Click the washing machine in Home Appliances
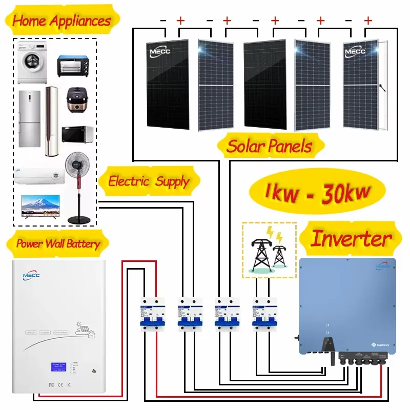[30, 66]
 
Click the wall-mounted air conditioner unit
[38, 174]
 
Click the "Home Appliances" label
[61, 21]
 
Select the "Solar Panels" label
[270, 146]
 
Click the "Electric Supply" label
[149, 181]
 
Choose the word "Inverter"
[351, 238]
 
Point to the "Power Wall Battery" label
[58, 243]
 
